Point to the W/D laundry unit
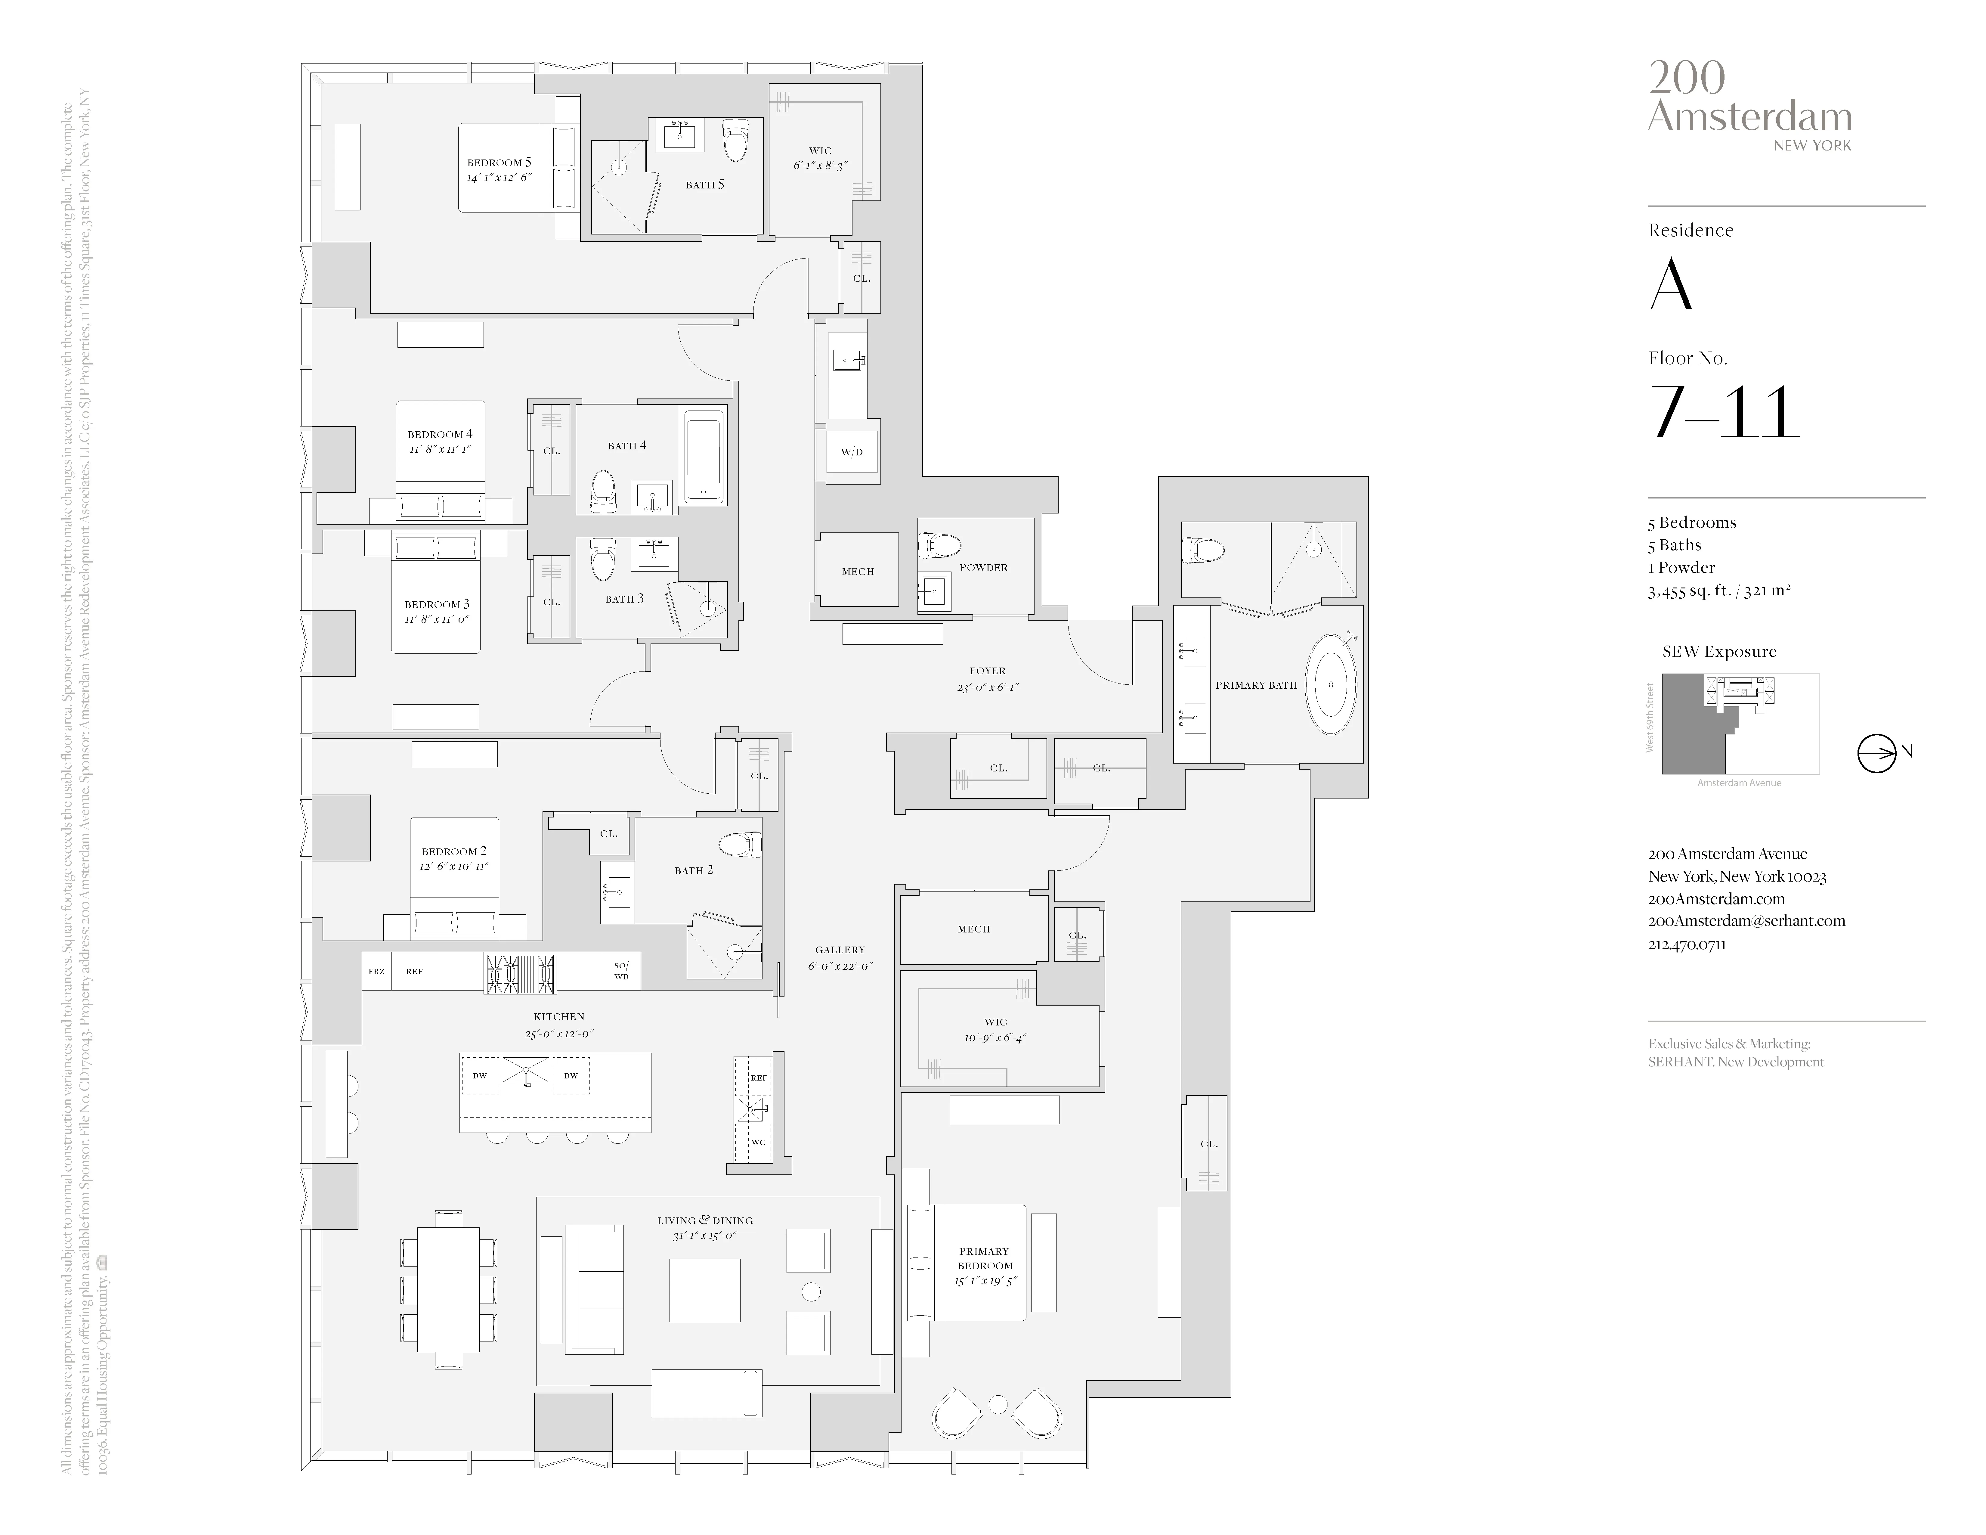coord(852,452)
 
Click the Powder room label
coord(984,567)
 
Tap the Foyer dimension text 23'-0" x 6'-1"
coord(988,687)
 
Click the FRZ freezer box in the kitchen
coord(376,971)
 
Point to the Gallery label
coord(839,949)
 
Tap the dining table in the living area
coord(448,1289)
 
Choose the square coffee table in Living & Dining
coord(705,1289)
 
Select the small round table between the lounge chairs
coord(998,1404)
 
